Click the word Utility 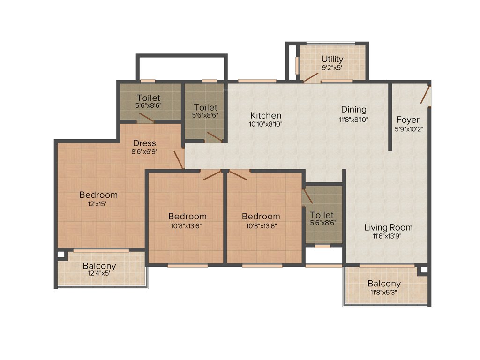332,59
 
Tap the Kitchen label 266,115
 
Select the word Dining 353,109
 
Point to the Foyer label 408,120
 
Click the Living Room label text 389,228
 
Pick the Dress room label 144,143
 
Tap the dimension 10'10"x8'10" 266,124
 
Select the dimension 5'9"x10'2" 408,128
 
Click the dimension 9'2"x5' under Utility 332,67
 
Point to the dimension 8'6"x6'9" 144,152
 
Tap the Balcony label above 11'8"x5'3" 384,284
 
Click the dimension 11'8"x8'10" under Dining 353,119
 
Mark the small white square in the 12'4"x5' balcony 60,255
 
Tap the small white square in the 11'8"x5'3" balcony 424,270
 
